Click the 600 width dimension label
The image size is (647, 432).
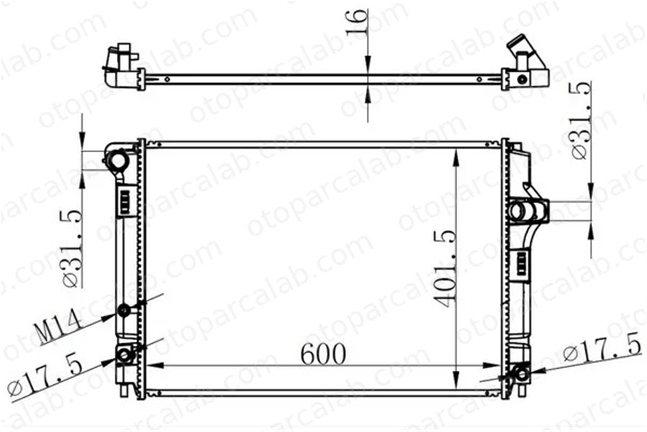[x=323, y=354]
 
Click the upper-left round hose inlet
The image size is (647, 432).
[x=118, y=160]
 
